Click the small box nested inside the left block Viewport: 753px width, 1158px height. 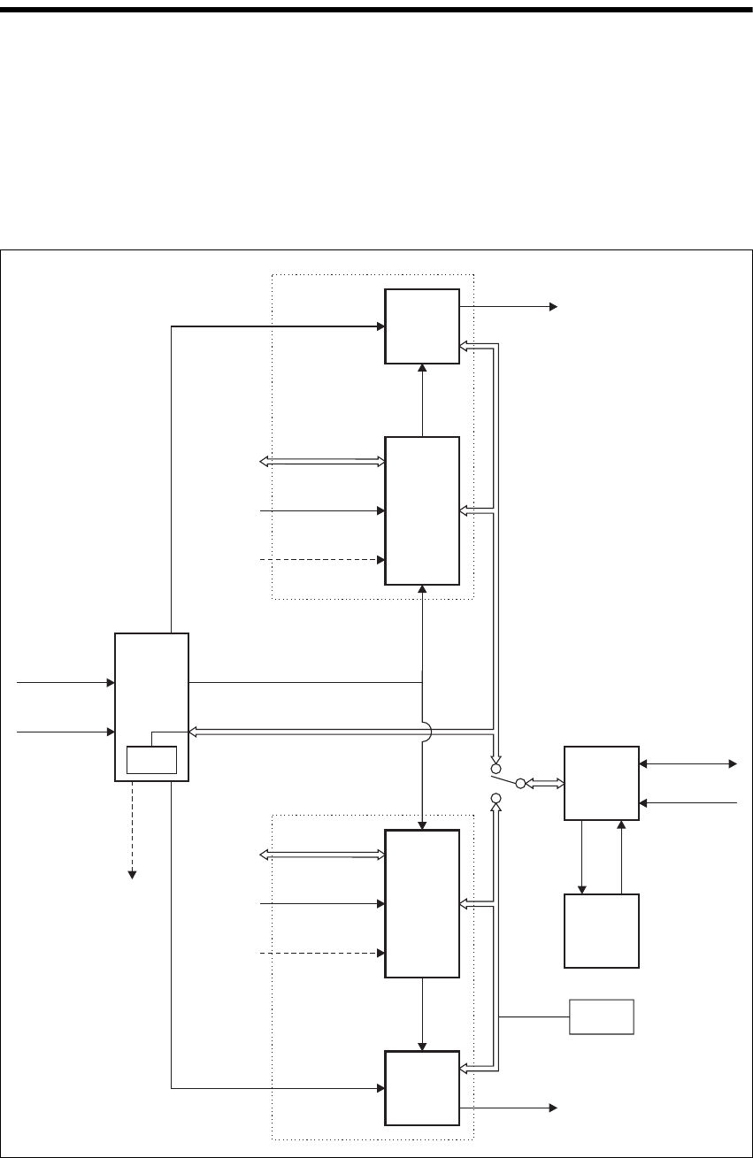pos(152,760)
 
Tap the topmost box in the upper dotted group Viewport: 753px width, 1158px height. pos(422,326)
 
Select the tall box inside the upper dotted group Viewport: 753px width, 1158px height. pos(422,510)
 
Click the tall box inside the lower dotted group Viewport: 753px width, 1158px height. pos(422,903)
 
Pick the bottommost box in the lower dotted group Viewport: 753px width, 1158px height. pos(422,1088)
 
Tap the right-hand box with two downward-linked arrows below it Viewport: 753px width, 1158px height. pos(602,784)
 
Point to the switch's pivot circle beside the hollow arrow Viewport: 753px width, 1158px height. pos(520,783)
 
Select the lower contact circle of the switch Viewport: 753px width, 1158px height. pos(496,799)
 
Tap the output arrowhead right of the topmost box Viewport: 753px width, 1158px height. pos(553,307)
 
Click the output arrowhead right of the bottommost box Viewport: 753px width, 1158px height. pos(553,1107)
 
